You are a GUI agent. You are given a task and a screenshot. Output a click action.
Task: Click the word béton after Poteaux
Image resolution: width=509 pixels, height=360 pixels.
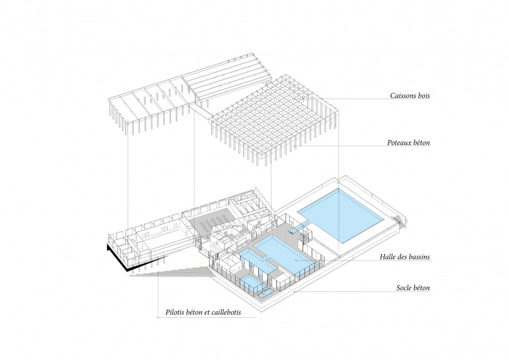click(422, 143)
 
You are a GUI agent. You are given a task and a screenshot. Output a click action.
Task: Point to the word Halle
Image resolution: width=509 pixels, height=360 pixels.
click(388, 257)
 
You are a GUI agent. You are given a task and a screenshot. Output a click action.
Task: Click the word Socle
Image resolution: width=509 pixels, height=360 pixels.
click(404, 287)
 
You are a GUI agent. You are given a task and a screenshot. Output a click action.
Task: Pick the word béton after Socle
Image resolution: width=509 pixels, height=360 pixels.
click(422, 287)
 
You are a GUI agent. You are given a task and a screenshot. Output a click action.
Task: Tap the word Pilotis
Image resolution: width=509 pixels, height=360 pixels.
click(174, 313)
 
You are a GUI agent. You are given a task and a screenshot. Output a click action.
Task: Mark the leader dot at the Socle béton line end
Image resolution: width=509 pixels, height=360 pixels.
click(294, 292)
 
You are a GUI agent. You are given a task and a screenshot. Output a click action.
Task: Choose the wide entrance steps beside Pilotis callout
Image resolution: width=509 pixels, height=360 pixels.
click(172, 270)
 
